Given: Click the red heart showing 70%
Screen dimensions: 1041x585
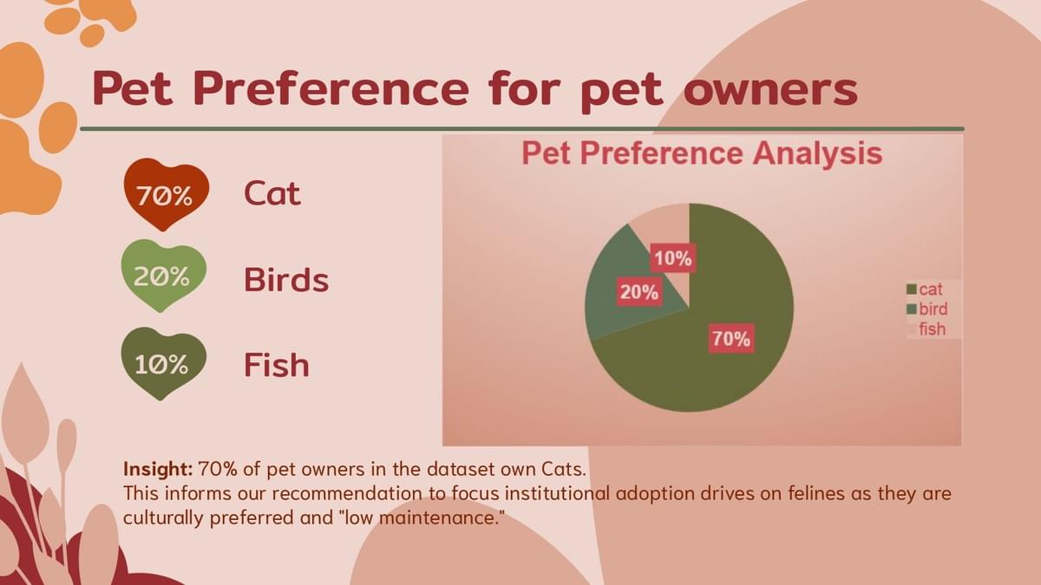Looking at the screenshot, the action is [167, 194].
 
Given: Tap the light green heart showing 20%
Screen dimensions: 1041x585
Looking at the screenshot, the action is [164, 276].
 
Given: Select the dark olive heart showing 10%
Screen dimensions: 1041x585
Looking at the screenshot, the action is [164, 364].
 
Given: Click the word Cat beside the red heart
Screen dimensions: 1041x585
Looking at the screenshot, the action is [272, 193].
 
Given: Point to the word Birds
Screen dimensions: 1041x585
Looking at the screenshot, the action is [286, 279].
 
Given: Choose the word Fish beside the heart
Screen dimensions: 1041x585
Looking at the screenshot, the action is [277, 365].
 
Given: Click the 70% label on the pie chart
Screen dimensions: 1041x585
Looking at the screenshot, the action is [731, 339].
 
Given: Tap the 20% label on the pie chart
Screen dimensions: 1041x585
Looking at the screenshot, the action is [639, 292].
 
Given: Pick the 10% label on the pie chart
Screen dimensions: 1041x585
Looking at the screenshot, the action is [673, 257].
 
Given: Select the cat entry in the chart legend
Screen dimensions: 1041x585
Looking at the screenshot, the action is [925, 289].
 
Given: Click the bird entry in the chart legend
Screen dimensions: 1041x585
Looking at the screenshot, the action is [926, 309].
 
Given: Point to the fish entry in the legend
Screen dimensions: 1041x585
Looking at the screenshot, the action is [926, 328].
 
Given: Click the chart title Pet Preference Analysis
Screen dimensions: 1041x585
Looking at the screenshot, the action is [702, 153].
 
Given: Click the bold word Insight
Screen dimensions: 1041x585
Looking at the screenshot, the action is [158, 470].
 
